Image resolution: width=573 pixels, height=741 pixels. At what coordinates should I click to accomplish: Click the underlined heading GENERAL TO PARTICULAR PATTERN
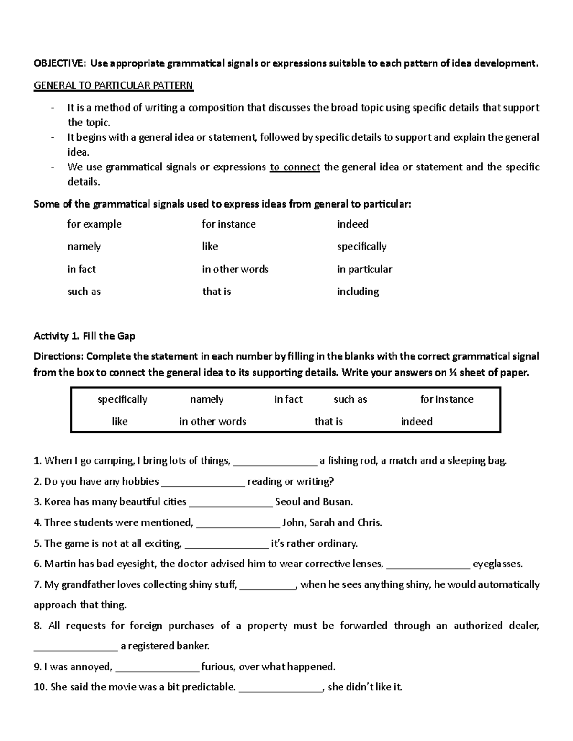click(x=113, y=86)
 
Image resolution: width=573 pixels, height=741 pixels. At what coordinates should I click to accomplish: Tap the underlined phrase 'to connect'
click(x=295, y=167)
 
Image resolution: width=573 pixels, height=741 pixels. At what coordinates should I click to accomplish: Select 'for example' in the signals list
click(x=94, y=224)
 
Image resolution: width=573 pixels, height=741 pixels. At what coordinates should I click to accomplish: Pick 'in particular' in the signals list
click(x=364, y=269)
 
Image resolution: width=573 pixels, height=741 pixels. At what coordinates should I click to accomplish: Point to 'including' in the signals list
click(x=358, y=292)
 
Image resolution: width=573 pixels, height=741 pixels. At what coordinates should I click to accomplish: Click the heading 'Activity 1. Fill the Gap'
click(x=84, y=336)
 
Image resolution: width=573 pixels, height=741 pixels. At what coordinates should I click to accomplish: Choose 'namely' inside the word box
click(x=206, y=399)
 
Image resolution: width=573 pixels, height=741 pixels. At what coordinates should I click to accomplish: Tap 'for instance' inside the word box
click(x=446, y=399)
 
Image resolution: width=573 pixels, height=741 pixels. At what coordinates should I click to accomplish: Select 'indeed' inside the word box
click(x=416, y=421)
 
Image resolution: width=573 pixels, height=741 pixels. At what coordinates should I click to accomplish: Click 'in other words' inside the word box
click(x=212, y=421)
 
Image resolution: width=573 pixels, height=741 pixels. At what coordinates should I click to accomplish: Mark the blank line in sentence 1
click(x=276, y=462)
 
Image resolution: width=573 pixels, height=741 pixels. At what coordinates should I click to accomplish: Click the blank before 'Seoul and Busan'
click(x=231, y=503)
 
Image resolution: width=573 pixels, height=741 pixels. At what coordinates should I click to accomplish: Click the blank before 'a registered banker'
click(x=75, y=647)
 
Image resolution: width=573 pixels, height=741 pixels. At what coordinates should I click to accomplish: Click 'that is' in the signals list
click(x=216, y=292)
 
